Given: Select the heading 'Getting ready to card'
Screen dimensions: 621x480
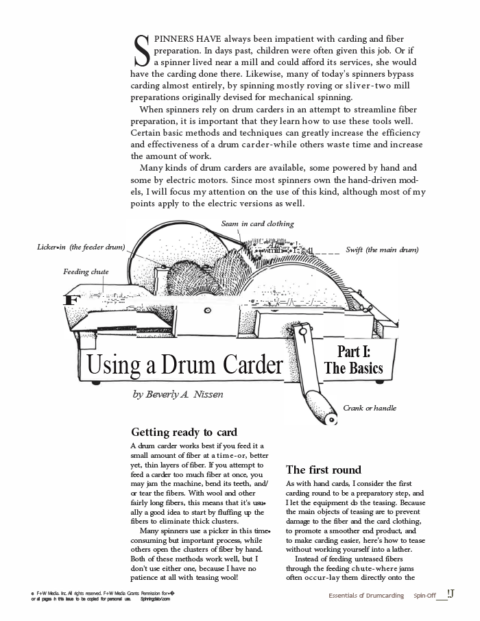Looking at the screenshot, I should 184,432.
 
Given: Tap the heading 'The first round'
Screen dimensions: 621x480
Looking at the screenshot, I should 323,470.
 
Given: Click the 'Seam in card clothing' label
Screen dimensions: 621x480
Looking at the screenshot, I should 257,223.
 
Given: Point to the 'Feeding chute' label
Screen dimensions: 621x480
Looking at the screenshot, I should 86,271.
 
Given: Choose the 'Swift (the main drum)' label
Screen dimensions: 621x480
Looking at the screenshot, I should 382,249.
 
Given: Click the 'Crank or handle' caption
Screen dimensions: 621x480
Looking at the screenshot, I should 370,408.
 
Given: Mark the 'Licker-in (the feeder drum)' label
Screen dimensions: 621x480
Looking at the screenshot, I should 81,247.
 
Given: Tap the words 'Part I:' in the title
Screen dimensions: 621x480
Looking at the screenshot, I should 354,352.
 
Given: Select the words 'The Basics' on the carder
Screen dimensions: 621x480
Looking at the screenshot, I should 354,368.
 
